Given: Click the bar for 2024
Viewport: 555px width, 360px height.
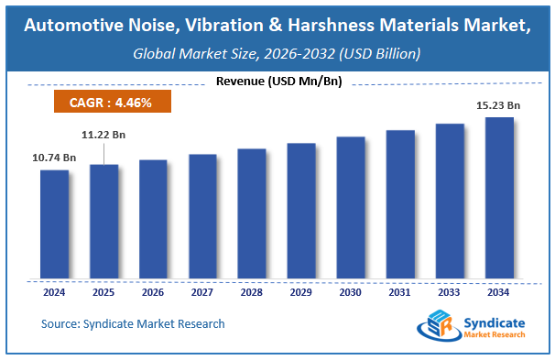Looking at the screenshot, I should click(54, 224).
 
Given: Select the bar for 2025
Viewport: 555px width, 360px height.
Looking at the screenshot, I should click(103, 222).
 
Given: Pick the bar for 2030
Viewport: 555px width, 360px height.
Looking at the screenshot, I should click(351, 208).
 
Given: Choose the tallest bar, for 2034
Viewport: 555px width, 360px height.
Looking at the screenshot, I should click(499, 198).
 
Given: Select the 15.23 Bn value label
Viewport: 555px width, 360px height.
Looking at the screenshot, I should click(499, 105).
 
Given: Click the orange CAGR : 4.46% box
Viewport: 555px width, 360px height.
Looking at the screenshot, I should click(111, 102).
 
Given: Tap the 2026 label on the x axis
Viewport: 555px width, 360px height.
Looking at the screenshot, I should click(153, 293).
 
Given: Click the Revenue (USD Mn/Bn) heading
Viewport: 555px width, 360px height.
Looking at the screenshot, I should click(278, 82).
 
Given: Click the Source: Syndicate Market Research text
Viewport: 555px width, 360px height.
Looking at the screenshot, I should click(133, 323).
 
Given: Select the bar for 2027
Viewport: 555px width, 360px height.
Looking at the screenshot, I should click(202, 216).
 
